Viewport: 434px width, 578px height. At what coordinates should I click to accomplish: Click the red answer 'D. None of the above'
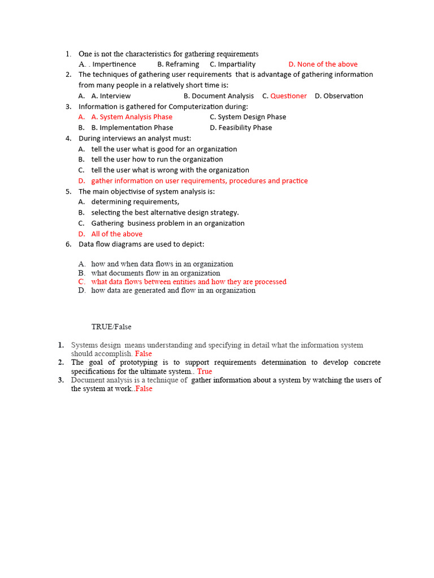[x=323, y=64]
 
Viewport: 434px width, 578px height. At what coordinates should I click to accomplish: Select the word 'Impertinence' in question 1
[x=114, y=64]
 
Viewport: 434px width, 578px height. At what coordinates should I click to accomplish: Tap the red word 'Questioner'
[x=288, y=96]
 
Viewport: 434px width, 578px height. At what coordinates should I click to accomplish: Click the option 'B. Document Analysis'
[x=219, y=96]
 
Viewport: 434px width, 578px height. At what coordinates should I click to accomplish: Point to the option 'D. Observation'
[x=339, y=96]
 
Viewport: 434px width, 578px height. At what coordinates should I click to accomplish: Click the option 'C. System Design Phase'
[x=248, y=117]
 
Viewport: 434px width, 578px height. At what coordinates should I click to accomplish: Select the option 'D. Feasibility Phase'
[x=241, y=128]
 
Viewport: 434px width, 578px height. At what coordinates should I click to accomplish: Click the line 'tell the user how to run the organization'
[x=157, y=159]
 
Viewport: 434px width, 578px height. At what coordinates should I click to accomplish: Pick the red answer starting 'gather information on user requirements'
[x=199, y=181]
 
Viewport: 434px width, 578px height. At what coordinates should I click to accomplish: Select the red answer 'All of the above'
[x=117, y=234]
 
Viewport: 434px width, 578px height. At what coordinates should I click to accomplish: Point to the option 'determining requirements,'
[x=136, y=202]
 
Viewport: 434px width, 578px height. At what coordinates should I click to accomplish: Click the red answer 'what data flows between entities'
[x=189, y=282]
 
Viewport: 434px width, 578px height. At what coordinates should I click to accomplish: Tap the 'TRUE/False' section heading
[x=111, y=327]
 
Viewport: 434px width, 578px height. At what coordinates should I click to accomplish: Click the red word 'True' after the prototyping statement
[x=205, y=371]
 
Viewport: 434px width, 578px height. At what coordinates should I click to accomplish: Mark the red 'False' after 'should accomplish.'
[x=144, y=354]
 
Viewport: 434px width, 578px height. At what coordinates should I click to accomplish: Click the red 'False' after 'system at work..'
[x=144, y=389]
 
